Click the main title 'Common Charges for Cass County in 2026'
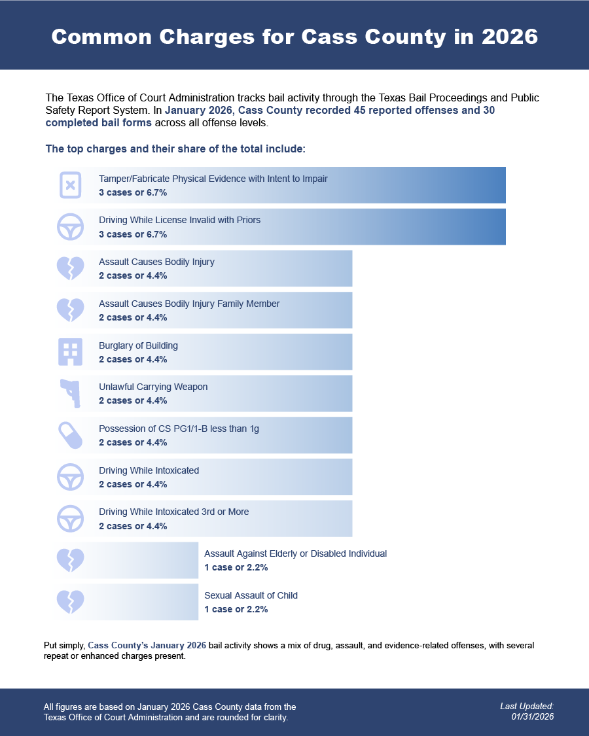[294, 37]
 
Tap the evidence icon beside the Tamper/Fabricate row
[71, 185]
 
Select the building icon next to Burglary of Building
[71, 352]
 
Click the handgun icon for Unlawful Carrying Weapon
[70, 394]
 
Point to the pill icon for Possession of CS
[71, 435]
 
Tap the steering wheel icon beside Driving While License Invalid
[71, 227]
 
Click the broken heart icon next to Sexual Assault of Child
[71, 602]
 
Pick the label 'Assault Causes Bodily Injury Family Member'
[189, 304]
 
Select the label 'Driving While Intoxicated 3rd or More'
[173, 512]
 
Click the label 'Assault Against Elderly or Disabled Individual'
[295, 553]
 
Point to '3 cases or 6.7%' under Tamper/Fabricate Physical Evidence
[133, 193]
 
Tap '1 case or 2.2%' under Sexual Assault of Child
[236, 609]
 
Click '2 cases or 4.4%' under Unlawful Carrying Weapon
[133, 400]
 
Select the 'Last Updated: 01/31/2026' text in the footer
[527, 712]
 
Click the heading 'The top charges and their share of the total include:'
[175, 149]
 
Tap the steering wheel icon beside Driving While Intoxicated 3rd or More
[71, 519]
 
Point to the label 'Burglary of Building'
[138, 345]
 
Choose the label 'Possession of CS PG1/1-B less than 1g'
[179, 429]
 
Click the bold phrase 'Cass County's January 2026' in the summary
[147, 645]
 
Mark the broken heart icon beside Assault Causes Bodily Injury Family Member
[71, 310]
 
